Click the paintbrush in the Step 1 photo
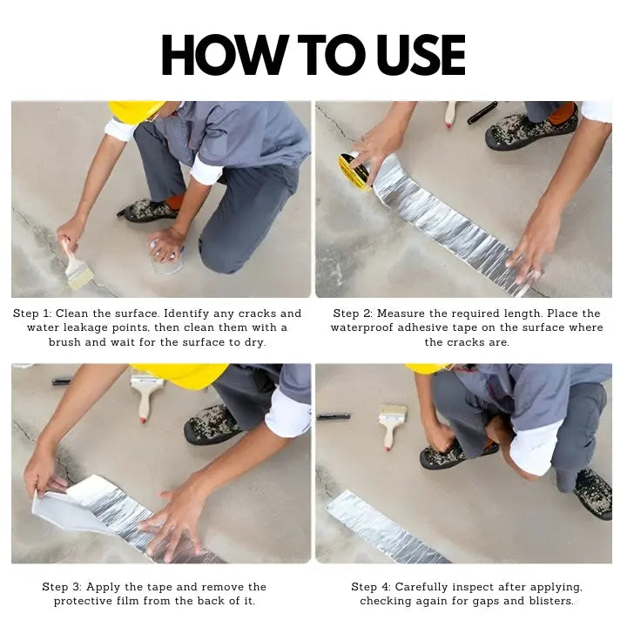pyautogui.click(x=76, y=264)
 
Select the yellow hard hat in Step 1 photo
pyautogui.click(x=135, y=111)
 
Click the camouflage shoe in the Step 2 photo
pyautogui.click(x=532, y=127)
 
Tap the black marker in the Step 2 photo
pyautogui.click(x=482, y=112)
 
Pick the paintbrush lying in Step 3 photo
pyautogui.click(x=146, y=395)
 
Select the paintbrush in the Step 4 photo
pyautogui.click(x=392, y=427)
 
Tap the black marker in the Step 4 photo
pyautogui.click(x=334, y=416)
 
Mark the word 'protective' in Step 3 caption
pyautogui.click(x=83, y=602)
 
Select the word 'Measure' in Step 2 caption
pyautogui.click(x=401, y=313)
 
